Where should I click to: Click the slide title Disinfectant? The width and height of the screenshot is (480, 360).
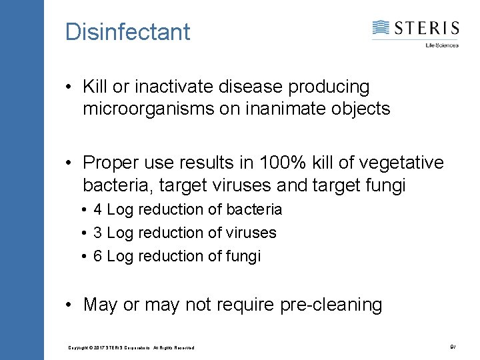click(127, 31)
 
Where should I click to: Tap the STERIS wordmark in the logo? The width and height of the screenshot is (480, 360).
click(427, 28)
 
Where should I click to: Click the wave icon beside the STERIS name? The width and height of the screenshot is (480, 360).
click(381, 28)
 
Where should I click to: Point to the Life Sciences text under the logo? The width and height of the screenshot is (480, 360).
click(442, 45)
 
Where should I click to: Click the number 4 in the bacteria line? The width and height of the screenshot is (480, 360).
click(97, 209)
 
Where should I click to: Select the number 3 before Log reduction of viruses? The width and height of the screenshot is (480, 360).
click(97, 233)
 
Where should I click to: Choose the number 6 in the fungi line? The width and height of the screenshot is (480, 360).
click(97, 256)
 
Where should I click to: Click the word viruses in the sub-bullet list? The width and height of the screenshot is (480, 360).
click(251, 233)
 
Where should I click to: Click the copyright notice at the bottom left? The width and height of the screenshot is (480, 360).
click(131, 347)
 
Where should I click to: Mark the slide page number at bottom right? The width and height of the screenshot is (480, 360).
click(453, 346)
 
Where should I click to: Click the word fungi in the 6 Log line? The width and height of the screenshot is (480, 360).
click(243, 256)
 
